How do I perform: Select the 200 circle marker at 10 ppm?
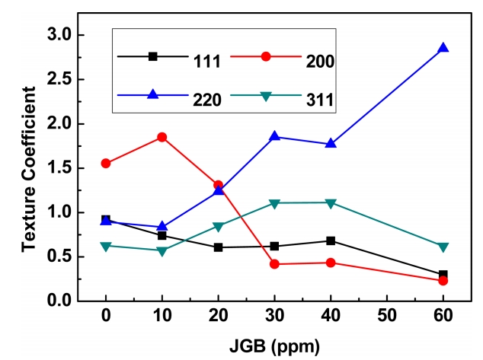click(x=162, y=137)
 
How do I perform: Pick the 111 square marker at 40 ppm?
click(x=331, y=241)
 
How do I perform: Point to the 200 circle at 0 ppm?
click(x=106, y=164)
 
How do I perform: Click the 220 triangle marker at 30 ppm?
click(x=274, y=136)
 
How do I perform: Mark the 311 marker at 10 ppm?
click(x=162, y=250)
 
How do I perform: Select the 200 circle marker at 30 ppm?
click(x=274, y=264)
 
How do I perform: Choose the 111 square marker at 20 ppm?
click(x=218, y=247)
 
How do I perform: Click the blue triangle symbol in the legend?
click(x=152, y=94)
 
